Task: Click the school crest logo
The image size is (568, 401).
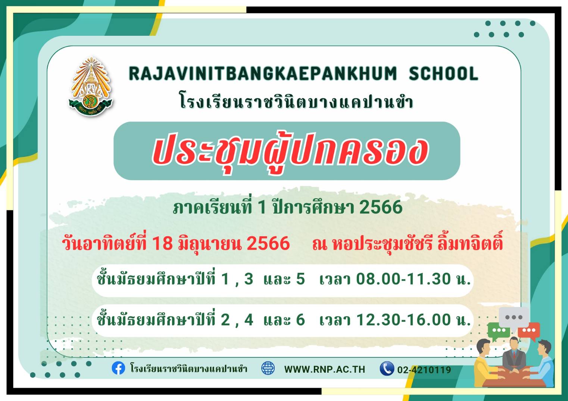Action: (x=91, y=86)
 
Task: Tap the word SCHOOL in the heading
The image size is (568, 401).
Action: (x=443, y=73)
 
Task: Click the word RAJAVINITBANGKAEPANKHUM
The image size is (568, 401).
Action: (x=262, y=73)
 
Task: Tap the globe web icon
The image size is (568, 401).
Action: (x=268, y=368)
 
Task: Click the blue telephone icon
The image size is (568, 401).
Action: (x=387, y=368)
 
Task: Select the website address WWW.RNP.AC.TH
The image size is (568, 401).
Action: (x=325, y=369)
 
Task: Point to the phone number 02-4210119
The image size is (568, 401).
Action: (x=424, y=370)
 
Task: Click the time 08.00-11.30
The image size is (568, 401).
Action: (x=403, y=279)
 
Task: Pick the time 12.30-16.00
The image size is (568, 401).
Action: (x=403, y=319)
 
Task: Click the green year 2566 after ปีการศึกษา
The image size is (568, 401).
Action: (x=381, y=207)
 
